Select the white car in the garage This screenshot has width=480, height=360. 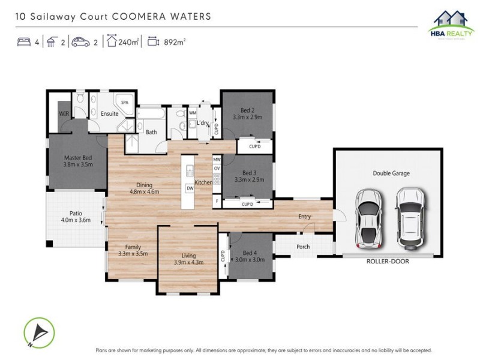click(x=410, y=218)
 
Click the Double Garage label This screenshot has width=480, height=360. click(x=391, y=173)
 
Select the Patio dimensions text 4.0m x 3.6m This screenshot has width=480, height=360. click(x=76, y=220)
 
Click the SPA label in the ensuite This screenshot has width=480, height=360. click(x=125, y=103)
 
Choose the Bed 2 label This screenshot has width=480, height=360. click(x=248, y=110)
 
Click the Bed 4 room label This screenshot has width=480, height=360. click(x=250, y=253)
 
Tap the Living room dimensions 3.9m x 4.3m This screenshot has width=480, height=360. click(x=188, y=262)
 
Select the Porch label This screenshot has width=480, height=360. click(x=303, y=247)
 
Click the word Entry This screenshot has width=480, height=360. click(x=305, y=217)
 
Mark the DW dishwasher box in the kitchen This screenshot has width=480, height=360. click(x=190, y=188)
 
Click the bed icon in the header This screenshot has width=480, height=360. click(x=24, y=42)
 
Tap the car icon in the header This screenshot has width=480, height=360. click(x=80, y=42)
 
